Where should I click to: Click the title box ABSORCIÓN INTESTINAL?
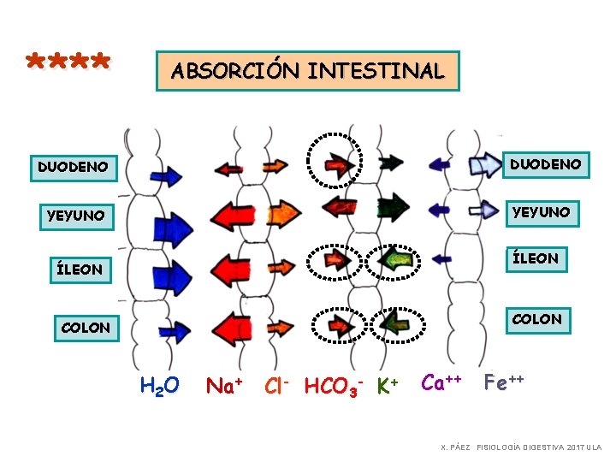307,70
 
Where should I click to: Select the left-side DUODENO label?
73,166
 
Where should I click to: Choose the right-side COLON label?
537,319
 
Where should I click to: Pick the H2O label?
159,386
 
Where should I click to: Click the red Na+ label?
224,386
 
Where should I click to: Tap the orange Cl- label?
279,386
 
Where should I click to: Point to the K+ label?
388,386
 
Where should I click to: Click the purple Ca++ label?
442,382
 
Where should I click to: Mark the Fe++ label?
504,382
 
